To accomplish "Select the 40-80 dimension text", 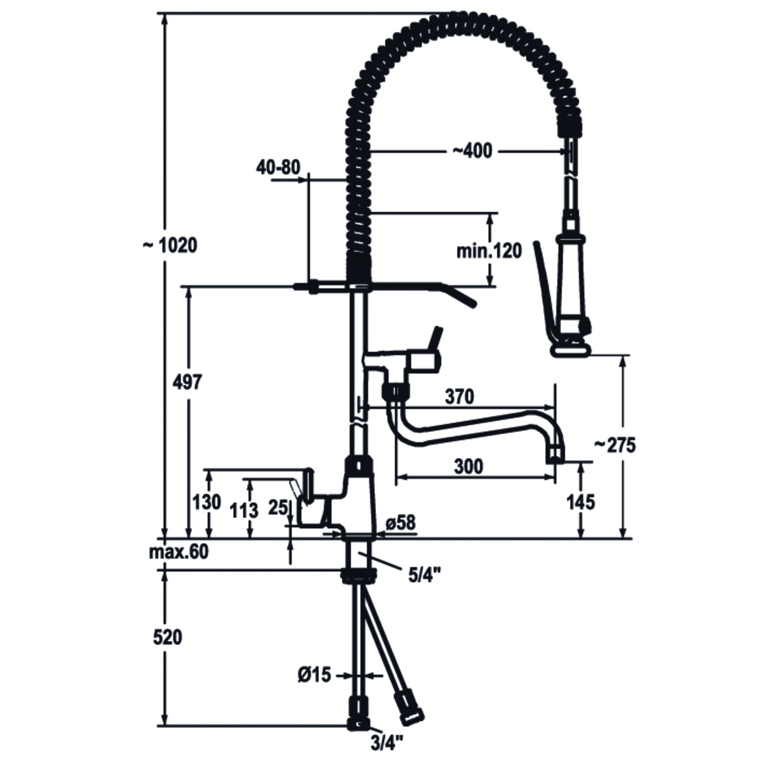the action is [278, 167].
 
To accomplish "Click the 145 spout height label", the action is [580, 502].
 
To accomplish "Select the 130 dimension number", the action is [207, 502].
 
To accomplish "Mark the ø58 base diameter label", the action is [400, 523].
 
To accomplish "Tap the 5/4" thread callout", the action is [424, 576].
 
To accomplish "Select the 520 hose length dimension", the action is [168, 637].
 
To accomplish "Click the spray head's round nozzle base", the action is [571, 350].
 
